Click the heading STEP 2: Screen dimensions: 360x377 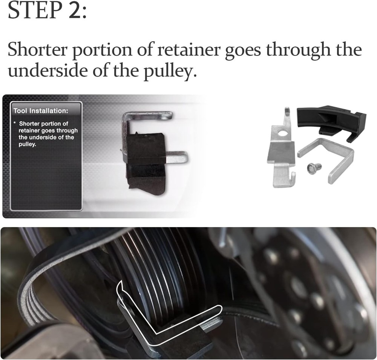(x=48, y=11)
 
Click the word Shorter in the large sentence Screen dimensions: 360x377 (x=37, y=50)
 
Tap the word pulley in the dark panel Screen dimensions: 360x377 (x=26, y=144)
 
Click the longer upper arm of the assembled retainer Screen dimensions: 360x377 (x=151, y=115)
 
